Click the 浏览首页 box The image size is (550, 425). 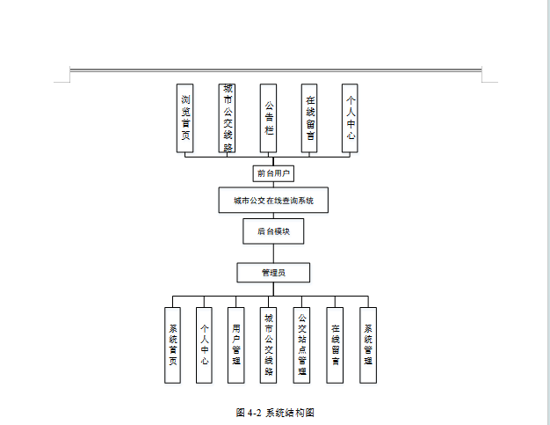coord(185,118)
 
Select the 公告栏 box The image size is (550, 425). coord(268,118)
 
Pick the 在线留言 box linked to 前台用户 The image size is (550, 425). coord(309,118)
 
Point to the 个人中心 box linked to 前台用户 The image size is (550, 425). coord(351,118)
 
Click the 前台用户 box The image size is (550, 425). coord(272,173)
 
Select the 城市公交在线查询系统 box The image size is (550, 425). coord(273,200)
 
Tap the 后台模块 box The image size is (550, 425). coord(273,231)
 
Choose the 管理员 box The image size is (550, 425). coord(273,273)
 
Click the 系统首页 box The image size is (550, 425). coord(173,345)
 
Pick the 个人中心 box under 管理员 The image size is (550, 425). coord(204,345)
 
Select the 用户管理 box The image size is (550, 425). coord(235,345)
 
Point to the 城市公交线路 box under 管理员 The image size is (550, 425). coord(269,345)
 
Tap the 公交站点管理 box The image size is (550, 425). coord(301,345)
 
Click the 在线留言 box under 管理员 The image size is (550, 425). coord(335,345)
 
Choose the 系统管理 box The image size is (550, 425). coord(368,345)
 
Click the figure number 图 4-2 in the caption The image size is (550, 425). coord(249,412)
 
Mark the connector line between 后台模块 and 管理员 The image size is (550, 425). coord(273,253)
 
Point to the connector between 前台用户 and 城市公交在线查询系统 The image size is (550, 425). coord(272,184)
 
